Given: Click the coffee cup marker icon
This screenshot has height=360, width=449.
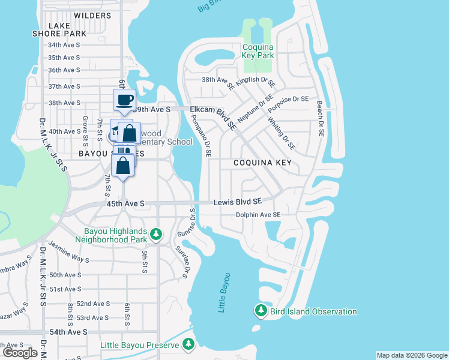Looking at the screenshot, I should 124,100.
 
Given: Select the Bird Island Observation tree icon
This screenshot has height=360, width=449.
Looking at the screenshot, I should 261,311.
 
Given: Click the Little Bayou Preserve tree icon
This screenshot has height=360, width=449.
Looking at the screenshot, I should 188,344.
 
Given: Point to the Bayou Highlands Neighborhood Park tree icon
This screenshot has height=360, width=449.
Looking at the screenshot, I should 157,233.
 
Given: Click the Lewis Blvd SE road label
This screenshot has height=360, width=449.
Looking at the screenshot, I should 238,203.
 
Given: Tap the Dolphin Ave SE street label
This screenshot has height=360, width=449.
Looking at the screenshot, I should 258,215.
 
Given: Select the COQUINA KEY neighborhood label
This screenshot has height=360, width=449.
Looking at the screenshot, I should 262,163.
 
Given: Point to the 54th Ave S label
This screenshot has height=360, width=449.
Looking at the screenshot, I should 68,332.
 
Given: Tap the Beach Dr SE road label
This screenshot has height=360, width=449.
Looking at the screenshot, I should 322,118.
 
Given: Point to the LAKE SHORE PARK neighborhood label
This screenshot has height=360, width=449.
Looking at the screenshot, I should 59,29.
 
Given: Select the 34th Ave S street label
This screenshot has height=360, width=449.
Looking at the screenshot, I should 64,45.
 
